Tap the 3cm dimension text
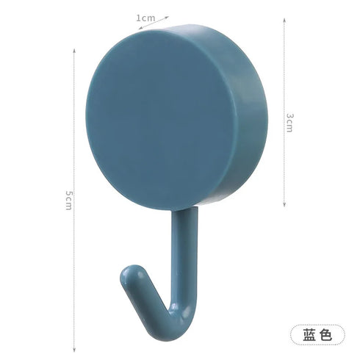(289, 122)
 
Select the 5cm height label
(68, 201)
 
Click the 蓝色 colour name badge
(316, 334)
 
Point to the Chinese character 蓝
(309, 334)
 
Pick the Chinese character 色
(325, 334)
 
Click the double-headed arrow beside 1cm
(179, 17)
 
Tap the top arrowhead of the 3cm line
(284, 21)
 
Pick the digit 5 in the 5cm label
(68, 194)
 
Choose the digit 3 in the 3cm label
(289, 117)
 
